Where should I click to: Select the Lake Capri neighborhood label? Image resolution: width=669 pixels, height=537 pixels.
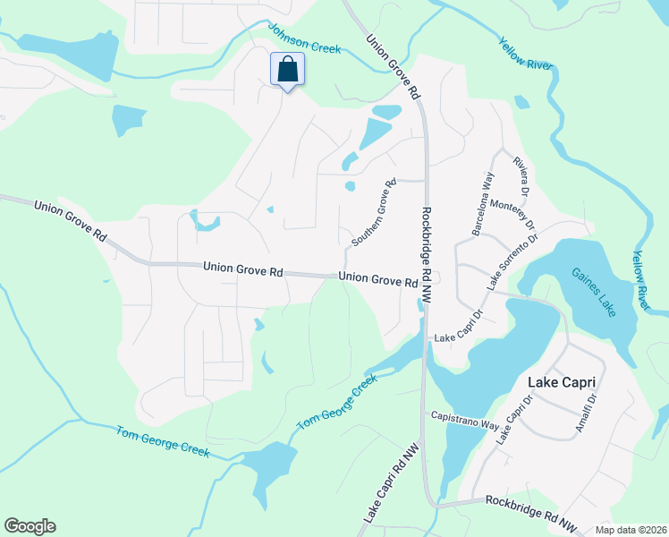pyautogui.click(x=562, y=382)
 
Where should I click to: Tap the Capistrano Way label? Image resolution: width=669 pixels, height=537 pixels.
pyautogui.click(x=464, y=419)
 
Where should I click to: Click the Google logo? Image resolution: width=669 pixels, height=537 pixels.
pyautogui.click(x=30, y=526)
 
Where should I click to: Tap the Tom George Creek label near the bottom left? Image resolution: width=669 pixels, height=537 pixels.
pyautogui.click(x=163, y=442)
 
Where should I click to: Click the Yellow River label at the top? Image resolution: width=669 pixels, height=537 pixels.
pyautogui.click(x=527, y=54)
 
